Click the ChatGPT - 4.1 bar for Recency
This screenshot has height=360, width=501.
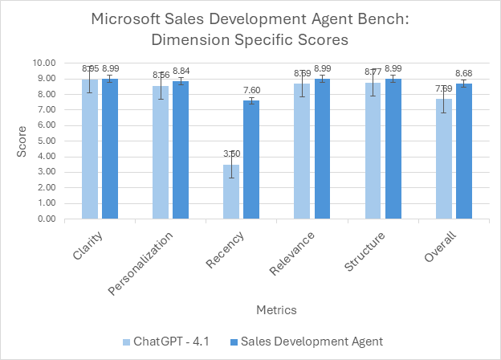click(x=230, y=191)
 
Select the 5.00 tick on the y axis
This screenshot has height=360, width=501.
click(x=45, y=141)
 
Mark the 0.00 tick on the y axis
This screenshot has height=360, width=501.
click(x=45, y=219)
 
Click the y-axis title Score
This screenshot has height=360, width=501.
click(x=23, y=141)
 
